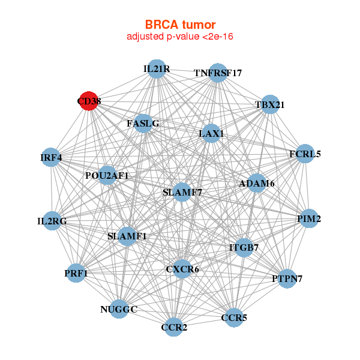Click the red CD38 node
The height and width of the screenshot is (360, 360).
pos(89,101)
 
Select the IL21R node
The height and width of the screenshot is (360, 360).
pos(157,69)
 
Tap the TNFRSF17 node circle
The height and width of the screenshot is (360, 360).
pos(218,73)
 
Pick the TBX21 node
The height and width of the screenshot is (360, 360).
pos(270,104)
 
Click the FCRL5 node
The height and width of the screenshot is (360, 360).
pos(305,154)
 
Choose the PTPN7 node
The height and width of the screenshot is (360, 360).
pos(287,278)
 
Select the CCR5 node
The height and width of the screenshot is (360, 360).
pos(234,317)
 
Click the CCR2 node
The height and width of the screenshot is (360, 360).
pos(174,327)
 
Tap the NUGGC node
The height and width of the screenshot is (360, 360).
pos(119,309)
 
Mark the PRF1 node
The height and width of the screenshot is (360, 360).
pos(76,274)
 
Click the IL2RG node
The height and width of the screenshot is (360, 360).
pos(52,221)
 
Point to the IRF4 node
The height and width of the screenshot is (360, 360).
pos(52,158)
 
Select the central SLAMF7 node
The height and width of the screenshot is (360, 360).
pos(182,193)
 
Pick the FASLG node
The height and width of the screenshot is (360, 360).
pos(143,124)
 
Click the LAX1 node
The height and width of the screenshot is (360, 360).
pos(211,133)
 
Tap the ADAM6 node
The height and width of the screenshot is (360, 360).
pos(257,183)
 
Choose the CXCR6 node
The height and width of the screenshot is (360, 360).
pos(182,269)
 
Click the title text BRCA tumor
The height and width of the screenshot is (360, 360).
pos(180,25)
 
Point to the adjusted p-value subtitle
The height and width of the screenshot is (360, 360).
pos(180,37)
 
